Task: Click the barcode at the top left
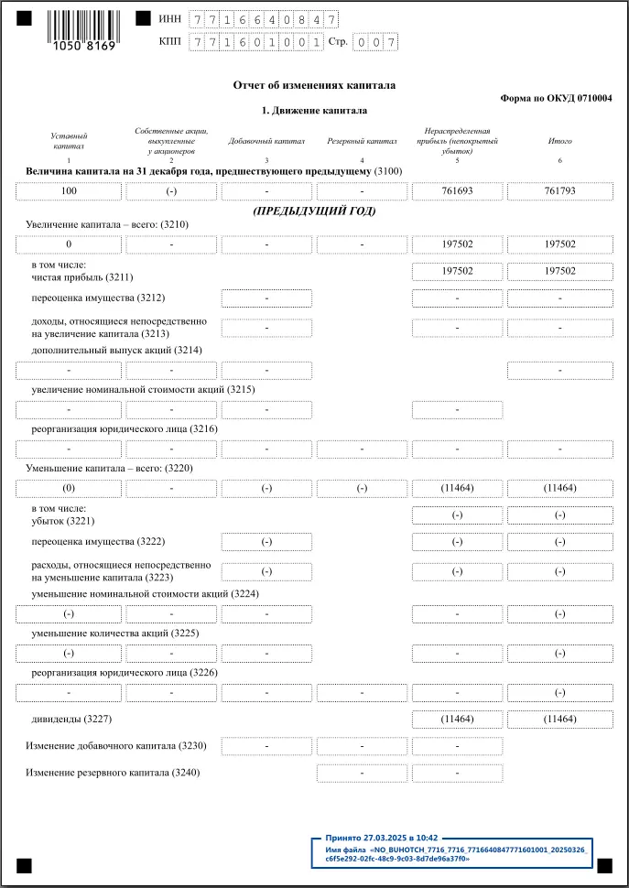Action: pyautogui.click(x=83, y=25)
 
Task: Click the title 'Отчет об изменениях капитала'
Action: pyautogui.click(x=314, y=85)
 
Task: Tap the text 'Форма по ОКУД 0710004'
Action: pyautogui.click(x=556, y=98)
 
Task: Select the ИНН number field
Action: pyautogui.click(x=264, y=19)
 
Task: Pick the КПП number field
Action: pyautogui.click(x=256, y=42)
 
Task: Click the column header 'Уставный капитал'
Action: pyautogui.click(x=69, y=140)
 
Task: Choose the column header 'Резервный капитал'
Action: pyautogui.click(x=363, y=141)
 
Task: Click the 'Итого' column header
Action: pyautogui.click(x=559, y=141)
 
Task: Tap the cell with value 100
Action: pyautogui.click(x=69, y=191)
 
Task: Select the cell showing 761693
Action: pyautogui.click(x=457, y=191)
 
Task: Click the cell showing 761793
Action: pyautogui.click(x=559, y=191)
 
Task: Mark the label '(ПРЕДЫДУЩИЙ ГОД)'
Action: pyautogui.click(x=314, y=211)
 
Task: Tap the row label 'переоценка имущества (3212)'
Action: pyautogui.click(x=98, y=298)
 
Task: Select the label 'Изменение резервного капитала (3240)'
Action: pyautogui.click(x=113, y=773)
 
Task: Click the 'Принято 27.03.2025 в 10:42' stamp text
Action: pyautogui.click(x=382, y=837)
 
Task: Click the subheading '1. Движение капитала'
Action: pyautogui.click(x=314, y=111)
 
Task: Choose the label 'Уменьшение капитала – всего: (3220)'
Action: pyautogui.click(x=109, y=468)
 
